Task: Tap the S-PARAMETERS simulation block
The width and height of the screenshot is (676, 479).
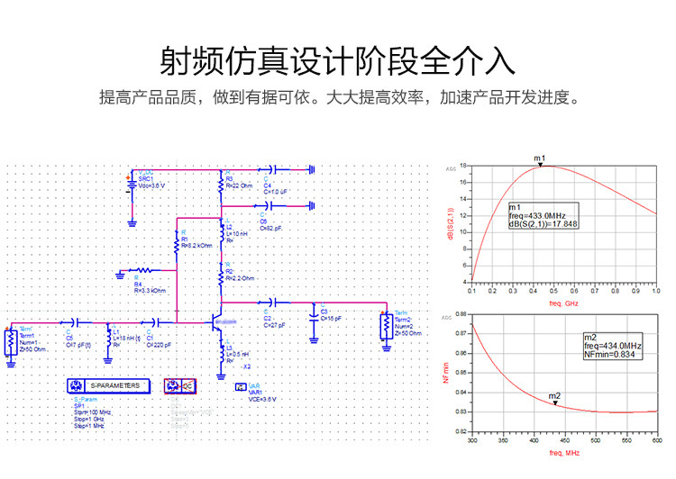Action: (107, 385)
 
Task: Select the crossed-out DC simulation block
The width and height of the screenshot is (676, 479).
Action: (178, 385)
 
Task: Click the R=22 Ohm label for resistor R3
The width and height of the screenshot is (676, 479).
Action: (242, 185)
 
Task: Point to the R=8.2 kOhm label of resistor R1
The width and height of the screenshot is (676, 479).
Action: (197, 245)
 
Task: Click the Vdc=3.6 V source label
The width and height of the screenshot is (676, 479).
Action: (152, 185)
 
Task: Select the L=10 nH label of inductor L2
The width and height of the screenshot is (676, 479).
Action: (238, 233)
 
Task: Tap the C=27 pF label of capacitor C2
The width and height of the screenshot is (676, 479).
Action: (274, 325)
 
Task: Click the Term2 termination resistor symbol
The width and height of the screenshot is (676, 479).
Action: (385, 322)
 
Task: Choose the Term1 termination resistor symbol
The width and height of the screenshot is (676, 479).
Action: (10, 342)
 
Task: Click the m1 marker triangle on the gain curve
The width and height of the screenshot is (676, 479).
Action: (539, 165)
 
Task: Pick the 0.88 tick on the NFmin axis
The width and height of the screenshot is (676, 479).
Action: (461, 314)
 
